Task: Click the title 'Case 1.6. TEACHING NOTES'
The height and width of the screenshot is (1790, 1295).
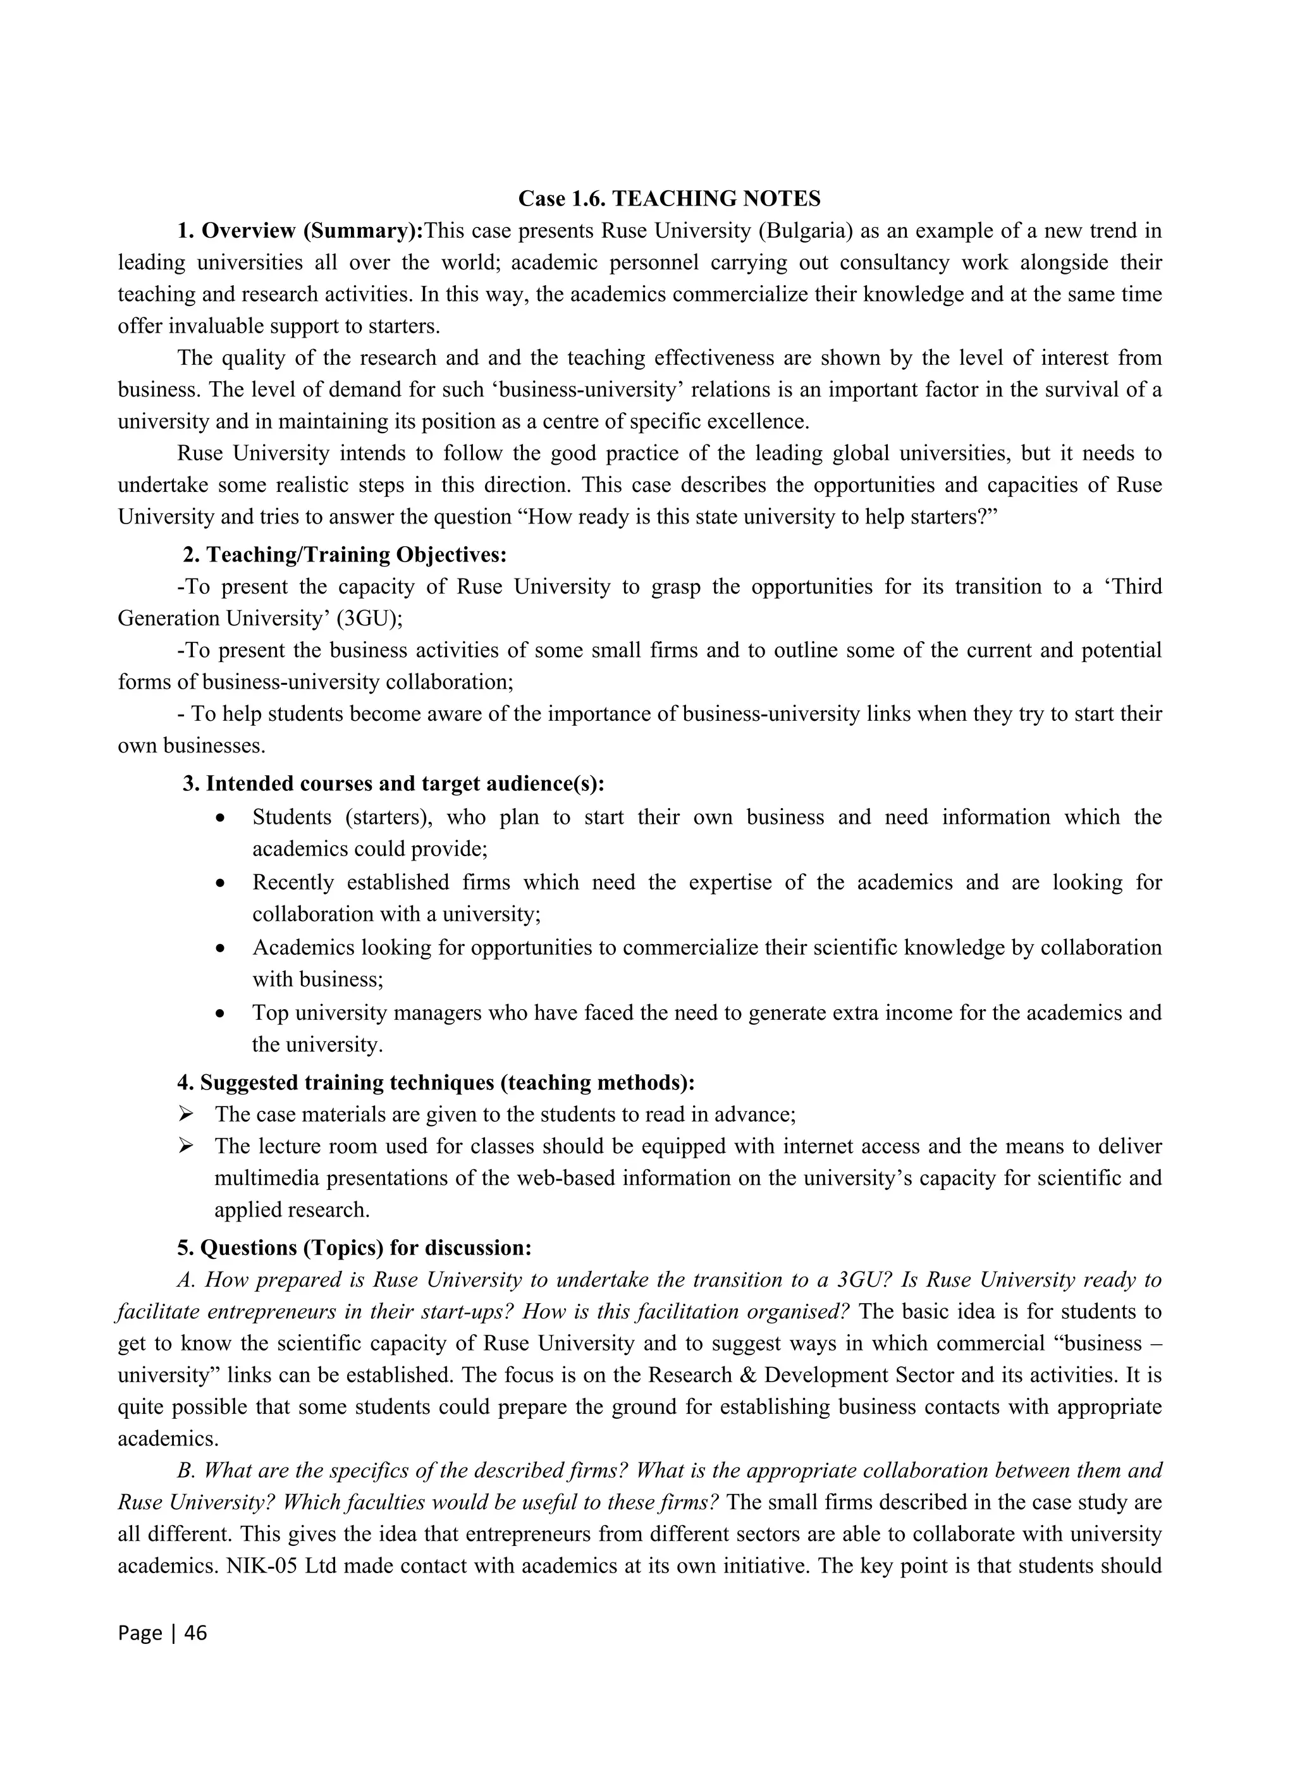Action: tap(668, 198)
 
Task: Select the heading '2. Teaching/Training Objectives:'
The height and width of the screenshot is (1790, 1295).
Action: tap(344, 555)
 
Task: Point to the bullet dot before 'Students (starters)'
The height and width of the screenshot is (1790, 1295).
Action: tap(222, 818)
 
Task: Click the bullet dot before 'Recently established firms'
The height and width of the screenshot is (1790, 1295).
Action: tap(222, 883)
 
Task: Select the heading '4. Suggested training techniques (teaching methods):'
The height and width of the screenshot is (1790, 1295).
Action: tap(436, 1082)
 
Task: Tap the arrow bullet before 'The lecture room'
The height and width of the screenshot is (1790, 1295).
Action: tap(187, 1146)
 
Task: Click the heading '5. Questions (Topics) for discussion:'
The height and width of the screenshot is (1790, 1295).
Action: tap(354, 1247)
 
